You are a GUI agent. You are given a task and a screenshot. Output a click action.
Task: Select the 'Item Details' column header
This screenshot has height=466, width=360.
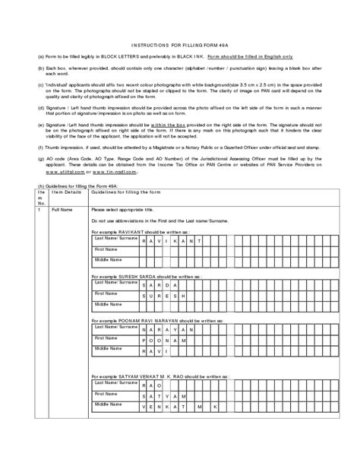tap(66, 192)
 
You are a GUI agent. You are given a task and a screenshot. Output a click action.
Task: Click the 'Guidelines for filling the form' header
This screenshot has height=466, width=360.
tap(125, 192)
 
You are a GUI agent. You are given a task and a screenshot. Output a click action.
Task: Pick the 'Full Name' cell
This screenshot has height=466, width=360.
tap(62, 208)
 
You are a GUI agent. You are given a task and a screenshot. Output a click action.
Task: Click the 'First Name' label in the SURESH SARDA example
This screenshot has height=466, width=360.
tap(106, 293)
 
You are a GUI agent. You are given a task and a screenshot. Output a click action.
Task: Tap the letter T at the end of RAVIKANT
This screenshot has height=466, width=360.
tap(200, 240)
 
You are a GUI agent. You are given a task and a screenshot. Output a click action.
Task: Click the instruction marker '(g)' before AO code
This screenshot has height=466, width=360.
tap(40, 159)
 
